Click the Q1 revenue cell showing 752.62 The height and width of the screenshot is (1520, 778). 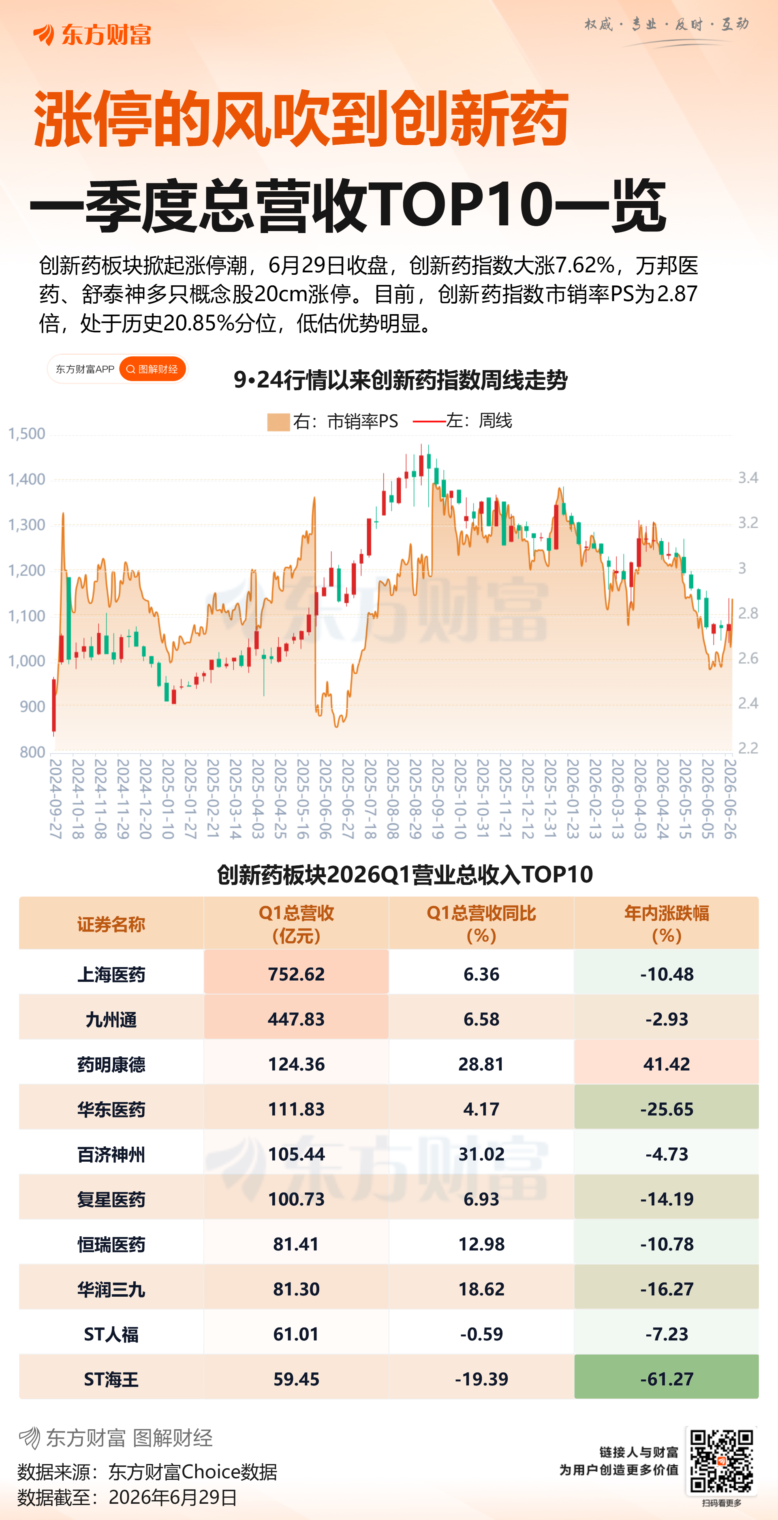coord(296,974)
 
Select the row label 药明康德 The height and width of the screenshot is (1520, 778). coord(111,1064)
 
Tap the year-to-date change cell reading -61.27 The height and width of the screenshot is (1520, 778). coord(667,1379)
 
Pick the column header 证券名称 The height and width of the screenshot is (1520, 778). coord(111,924)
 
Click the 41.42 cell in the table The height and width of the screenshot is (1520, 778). coord(667,1064)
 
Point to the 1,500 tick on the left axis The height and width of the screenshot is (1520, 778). coord(27,434)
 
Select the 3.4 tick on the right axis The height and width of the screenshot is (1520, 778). coord(748,478)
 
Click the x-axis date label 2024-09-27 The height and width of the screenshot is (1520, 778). coord(56,799)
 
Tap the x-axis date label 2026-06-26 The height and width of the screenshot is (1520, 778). coord(730,799)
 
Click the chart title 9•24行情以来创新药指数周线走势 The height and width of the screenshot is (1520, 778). coord(400,380)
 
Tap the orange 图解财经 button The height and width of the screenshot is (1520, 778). coord(153,369)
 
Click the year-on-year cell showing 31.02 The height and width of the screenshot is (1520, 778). coord(481,1154)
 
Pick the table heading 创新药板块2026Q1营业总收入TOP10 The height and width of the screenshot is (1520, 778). coord(405,874)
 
